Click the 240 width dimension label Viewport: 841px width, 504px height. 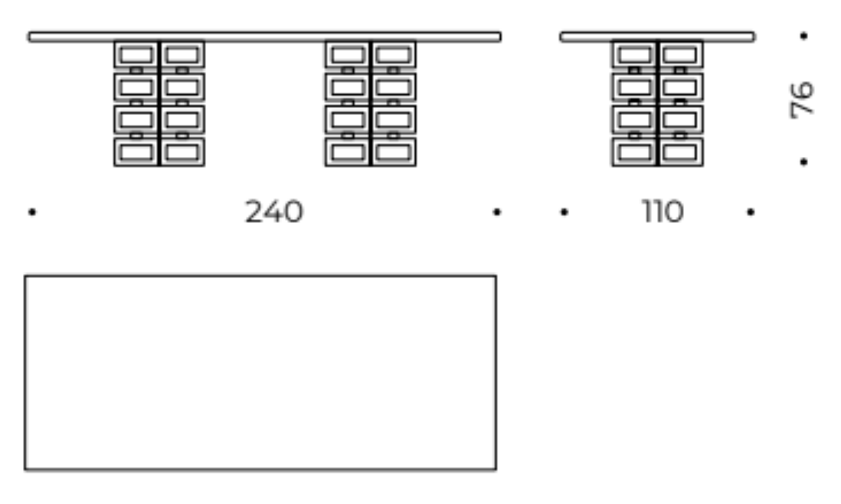pos(273,212)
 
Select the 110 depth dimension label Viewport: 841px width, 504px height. pos(663,212)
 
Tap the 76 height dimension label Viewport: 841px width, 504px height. pos(802,99)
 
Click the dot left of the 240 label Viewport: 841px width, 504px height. pos(31,212)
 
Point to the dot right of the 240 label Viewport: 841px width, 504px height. pos(497,212)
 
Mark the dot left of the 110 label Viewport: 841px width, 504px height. pos(564,212)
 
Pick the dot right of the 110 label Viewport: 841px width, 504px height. pos(751,212)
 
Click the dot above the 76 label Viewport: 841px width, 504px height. pos(803,36)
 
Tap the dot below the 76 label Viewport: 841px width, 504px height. pos(803,162)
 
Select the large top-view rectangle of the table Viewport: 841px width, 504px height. pos(260,372)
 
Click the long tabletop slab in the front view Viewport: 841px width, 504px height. pos(264,36)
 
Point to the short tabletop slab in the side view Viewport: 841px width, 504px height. pos(657,36)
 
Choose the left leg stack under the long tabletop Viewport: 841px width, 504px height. pos(159,103)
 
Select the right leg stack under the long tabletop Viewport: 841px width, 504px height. pos(371,103)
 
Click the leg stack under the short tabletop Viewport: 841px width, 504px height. pos(657,103)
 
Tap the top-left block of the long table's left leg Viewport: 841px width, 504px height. pos(136,55)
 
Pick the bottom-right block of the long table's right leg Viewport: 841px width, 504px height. pos(393,152)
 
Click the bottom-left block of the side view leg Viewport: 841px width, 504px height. pos(634,152)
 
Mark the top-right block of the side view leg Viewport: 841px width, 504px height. pos(680,55)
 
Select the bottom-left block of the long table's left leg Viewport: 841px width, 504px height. pos(136,152)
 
